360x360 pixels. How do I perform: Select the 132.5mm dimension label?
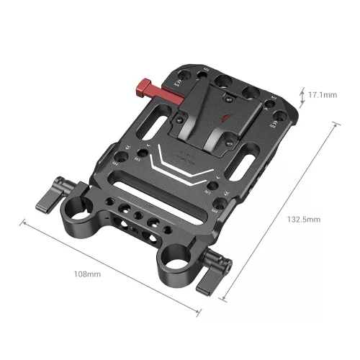click(x=304, y=218)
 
